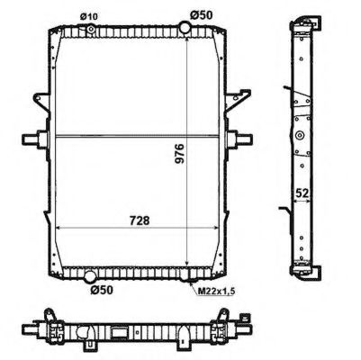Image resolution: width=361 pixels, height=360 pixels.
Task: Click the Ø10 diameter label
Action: tap(88, 14)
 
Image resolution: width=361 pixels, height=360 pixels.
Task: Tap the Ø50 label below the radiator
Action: tap(100, 289)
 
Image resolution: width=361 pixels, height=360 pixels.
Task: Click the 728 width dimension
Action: tap(137, 220)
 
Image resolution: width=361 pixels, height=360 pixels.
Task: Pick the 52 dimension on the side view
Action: tap(305, 193)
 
